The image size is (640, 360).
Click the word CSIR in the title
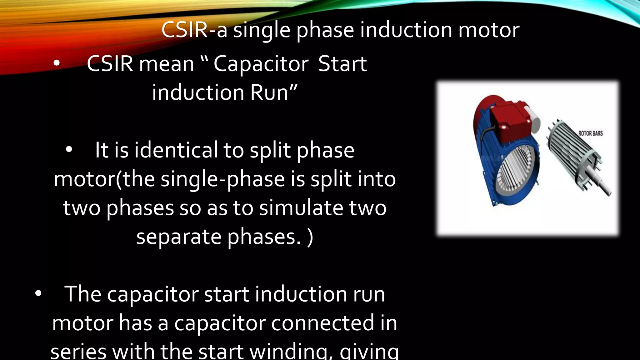tap(184, 30)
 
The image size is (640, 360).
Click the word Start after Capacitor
tap(342, 64)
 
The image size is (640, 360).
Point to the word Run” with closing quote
tap(273, 93)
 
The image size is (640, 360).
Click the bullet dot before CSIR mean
tap(56, 63)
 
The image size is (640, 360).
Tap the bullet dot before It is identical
tap(69, 150)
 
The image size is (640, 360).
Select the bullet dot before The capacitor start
tap(38, 293)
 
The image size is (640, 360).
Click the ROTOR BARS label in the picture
tap(590, 133)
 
